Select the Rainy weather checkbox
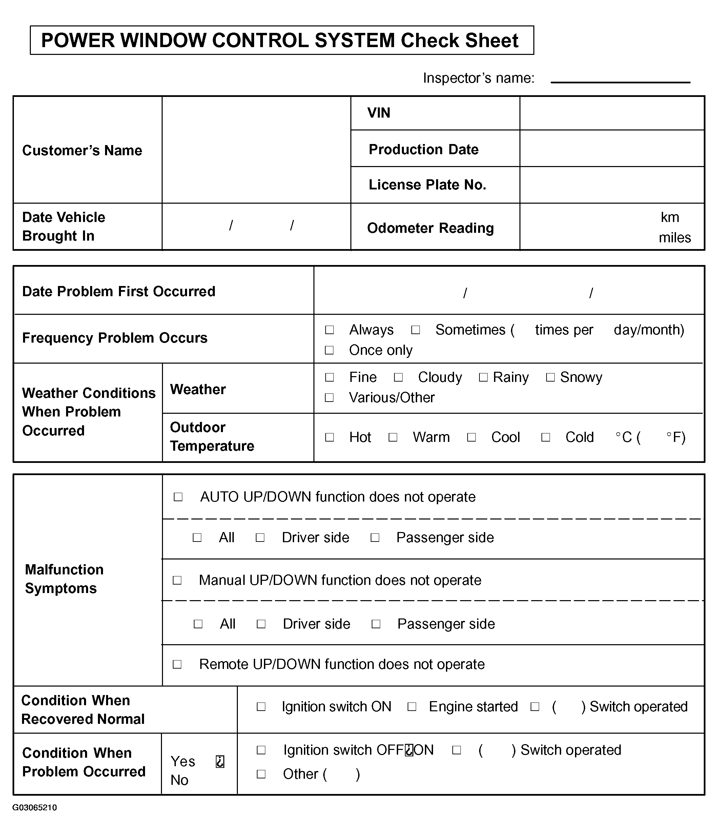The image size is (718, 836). point(483,377)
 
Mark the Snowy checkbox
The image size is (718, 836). point(550,377)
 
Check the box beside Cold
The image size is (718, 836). point(545,437)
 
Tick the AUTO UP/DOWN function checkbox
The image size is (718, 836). point(178,497)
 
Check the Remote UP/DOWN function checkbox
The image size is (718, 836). point(177,665)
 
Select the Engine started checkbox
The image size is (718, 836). point(412,707)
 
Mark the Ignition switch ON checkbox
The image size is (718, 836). point(261,707)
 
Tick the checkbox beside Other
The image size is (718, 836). point(261,774)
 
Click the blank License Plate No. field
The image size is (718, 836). point(612,185)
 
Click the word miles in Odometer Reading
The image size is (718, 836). point(674,238)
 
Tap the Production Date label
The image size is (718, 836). point(423,150)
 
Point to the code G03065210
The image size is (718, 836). point(35,808)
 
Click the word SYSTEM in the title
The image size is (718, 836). point(354,41)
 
